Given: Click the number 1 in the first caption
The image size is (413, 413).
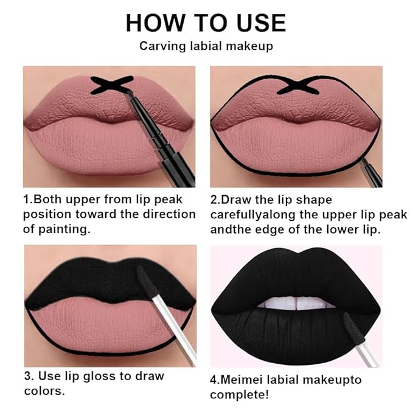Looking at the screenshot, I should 27,200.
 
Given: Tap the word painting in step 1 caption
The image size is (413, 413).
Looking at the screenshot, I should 71,229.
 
